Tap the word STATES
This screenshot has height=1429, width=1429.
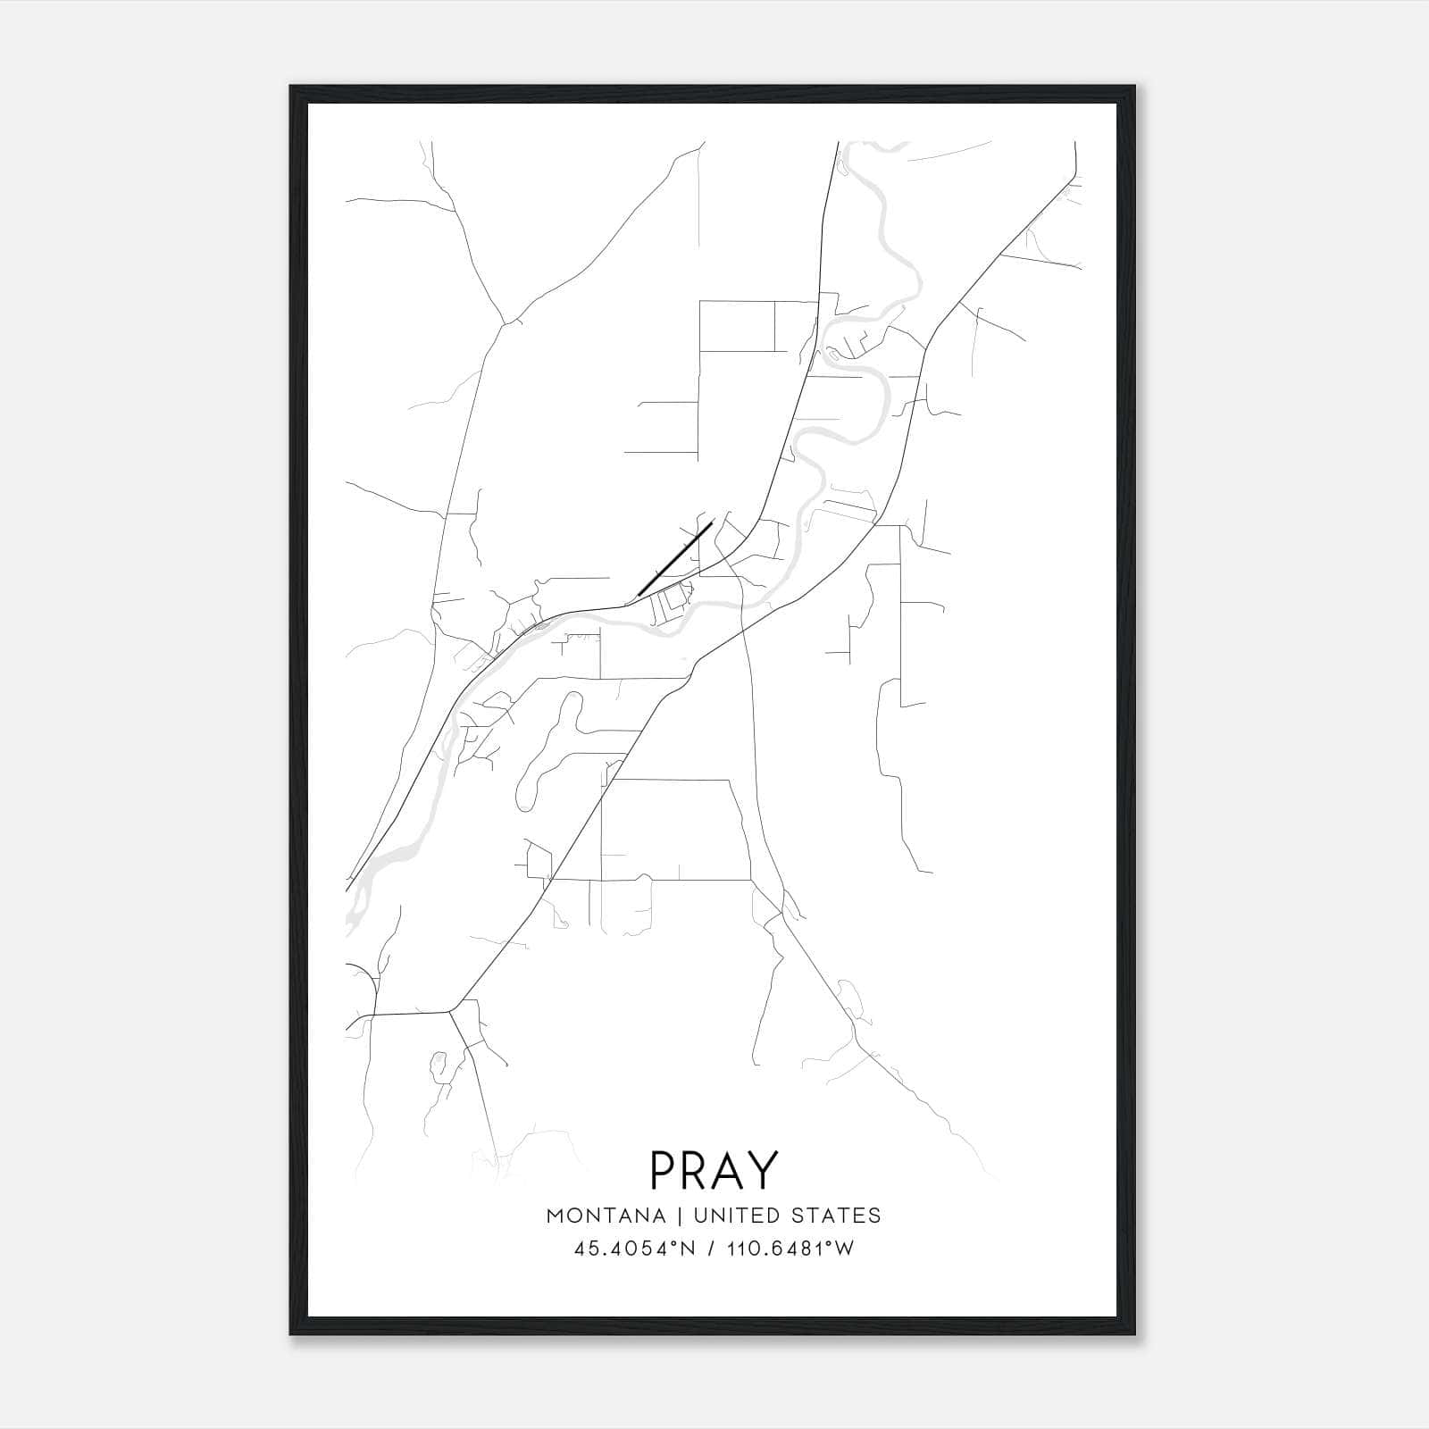837,1216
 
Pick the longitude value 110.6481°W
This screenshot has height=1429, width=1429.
788,1249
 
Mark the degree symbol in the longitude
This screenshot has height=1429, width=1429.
832,1244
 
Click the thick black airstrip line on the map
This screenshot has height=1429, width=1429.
675,558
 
